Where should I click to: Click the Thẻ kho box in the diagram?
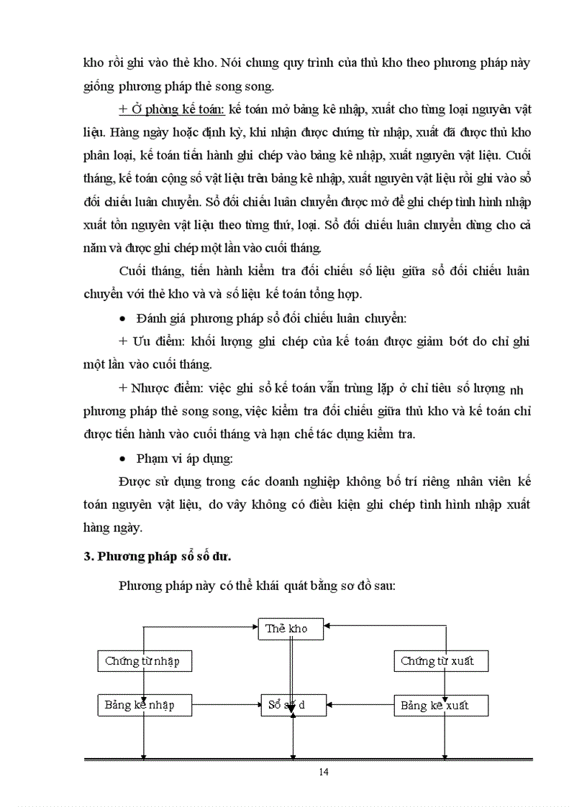[x=291, y=629]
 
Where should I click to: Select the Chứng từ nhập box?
[x=145, y=661]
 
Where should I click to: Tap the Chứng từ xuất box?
[x=442, y=661]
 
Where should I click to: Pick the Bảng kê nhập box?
[x=145, y=705]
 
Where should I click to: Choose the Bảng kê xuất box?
[x=442, y=705]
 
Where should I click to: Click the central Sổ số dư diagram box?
[x=291, y=705]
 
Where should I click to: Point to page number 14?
[x=323, y=772]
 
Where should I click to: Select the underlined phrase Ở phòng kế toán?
[x=172, y=109]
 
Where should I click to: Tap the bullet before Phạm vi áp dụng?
[x=123, y=458]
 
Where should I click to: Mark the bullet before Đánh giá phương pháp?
[x=123, y=318]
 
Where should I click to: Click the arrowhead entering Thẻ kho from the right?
[x=328, y=626]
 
